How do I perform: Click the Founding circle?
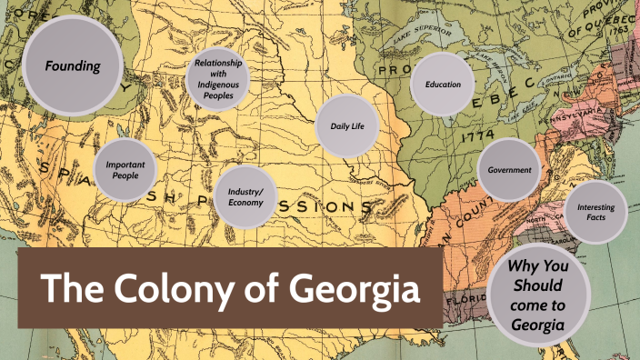73,65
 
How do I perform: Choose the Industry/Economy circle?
245,196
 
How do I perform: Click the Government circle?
510,171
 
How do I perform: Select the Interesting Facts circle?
595,213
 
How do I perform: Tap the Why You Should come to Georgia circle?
538,295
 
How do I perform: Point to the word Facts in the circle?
595,220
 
